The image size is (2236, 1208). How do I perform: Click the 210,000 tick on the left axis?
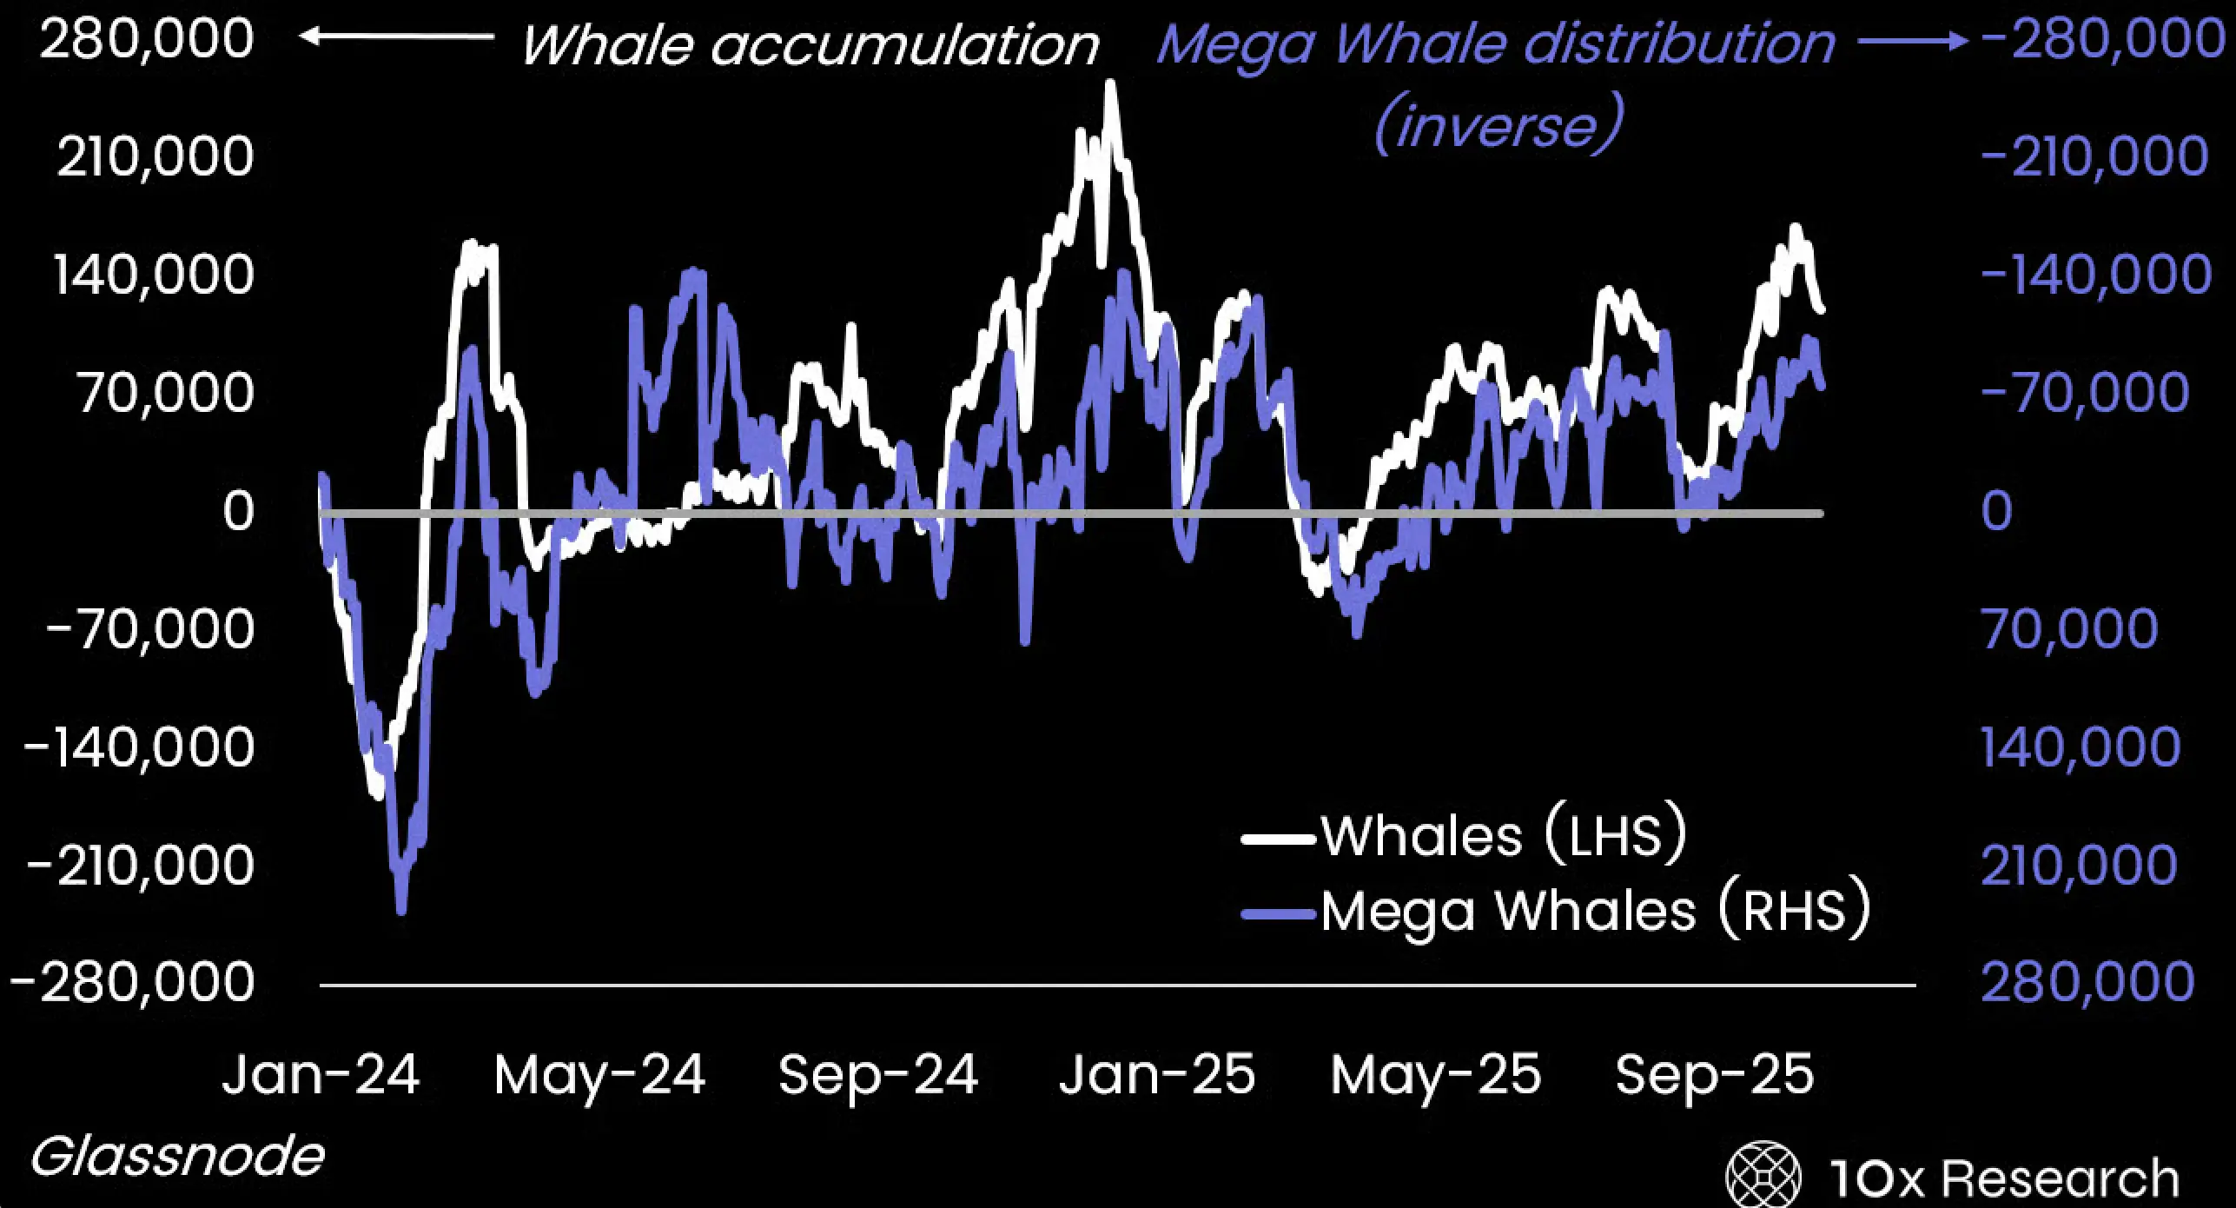pyautogui.click(x=155, y=157)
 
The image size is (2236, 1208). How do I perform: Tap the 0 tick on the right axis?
pyautogui.click(x=1996, y=511)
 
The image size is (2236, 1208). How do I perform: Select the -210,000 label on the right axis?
pyautogui.click(x=2094, y=157)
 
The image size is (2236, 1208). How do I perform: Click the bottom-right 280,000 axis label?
pyautogui.click(x=2087, y=982)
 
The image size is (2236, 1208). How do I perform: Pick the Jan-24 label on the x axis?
pyautogui.click(x=321, y=1074)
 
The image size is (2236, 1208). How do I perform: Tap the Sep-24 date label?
pyautogui.click(x=878, y=1074)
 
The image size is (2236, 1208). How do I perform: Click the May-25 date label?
pyautogui.click(x=1435, y=1074)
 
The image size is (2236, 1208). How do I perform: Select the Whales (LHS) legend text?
pyautogui.click(x=1504, y=836)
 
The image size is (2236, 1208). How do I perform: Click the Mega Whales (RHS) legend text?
pyautogui.click(x=1595, y=912)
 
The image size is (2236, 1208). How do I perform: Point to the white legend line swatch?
pyautogui.click(x=1279, y=840)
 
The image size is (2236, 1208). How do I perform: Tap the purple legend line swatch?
pyautogui.click(x=1279, y=914)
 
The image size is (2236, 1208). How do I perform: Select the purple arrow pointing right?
pyautogui.click(x=1911, y=41)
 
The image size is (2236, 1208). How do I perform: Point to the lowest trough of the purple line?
pyautogui.click(x=400, y=910)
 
